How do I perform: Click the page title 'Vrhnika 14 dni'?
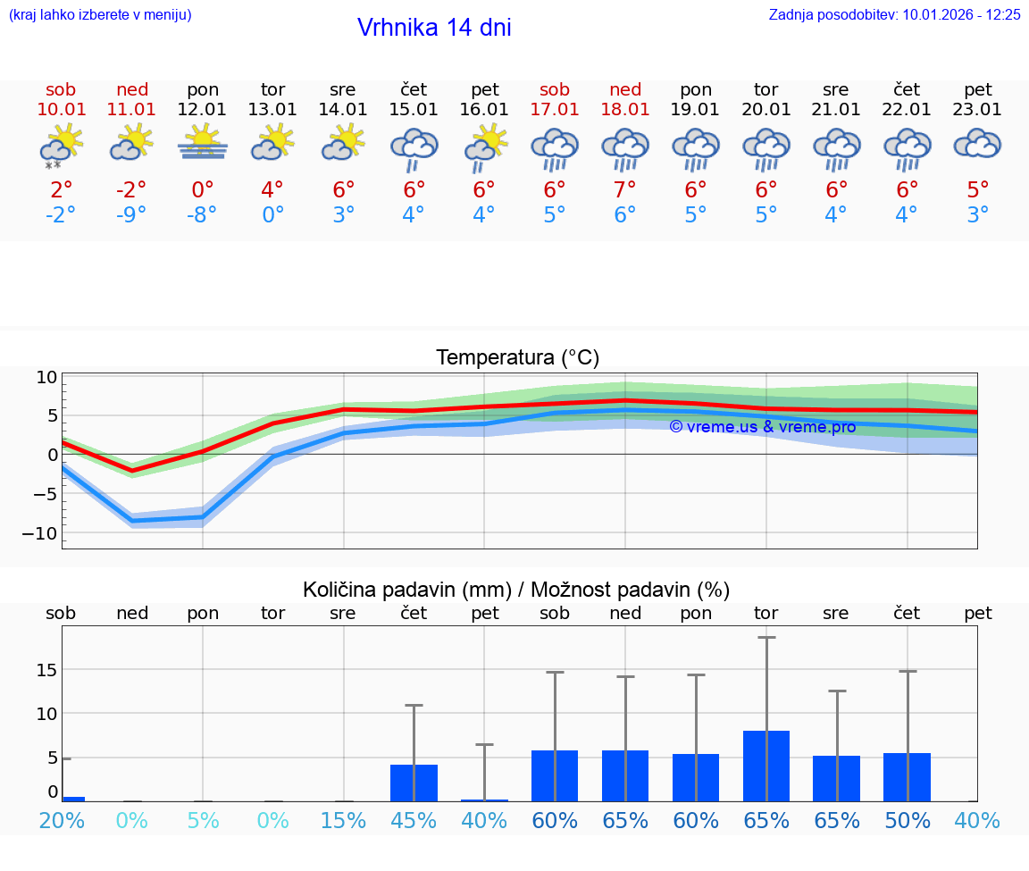click(434, 28)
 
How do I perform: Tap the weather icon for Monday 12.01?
click(203, 143)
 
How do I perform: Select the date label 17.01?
click(555, 110)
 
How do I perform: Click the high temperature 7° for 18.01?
click(625, 190)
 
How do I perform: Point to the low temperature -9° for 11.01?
click(132, 215)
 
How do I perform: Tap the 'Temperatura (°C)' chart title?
click(517, 358)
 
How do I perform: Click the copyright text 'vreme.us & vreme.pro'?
click(763, 427)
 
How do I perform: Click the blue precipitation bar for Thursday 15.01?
click(414, 783)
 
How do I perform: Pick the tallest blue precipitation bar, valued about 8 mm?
click(766, 766)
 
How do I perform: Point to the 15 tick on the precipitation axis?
click(46, 670)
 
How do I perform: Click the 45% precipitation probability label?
click(414, 820)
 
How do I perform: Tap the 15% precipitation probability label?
click(343, 820)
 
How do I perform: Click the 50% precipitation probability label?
click(908, 820)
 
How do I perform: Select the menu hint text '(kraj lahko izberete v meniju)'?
click(100, 14)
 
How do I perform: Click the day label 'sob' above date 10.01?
click(61, 90)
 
